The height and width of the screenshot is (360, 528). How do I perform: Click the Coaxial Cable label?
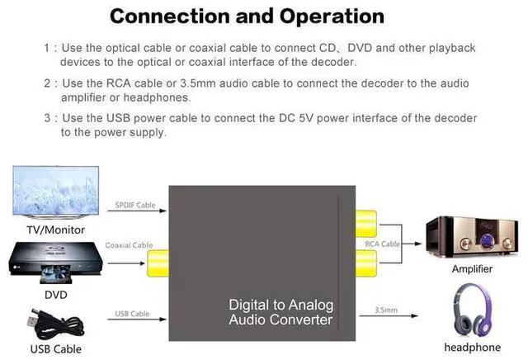(129, 245)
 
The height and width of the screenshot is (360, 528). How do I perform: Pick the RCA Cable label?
(382, 244)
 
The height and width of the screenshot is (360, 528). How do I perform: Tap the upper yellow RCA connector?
(366, 224)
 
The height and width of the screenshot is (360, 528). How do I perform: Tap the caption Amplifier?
(473, 269)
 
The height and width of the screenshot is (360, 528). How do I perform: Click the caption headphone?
(474, 347)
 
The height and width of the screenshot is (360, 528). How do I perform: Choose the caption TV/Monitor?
(57, 230)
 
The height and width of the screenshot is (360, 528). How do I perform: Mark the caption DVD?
(56, 294)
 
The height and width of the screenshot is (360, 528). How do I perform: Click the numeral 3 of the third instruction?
(48, 118)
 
